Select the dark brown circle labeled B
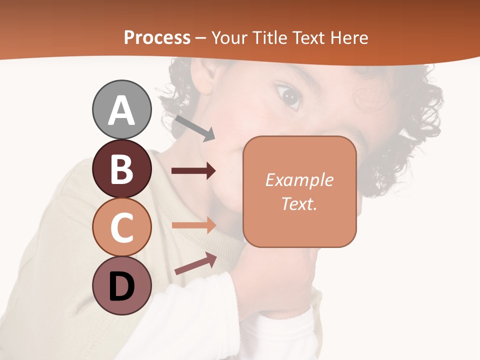tap(121, 168)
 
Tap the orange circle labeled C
tap(121, 227)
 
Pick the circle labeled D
tap(121, 285)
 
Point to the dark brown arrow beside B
tap(193, 171)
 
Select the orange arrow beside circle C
tap(193, 225)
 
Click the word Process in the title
tap(157, 37)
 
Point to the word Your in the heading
tap(229, 37)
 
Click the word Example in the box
tap(299, 180)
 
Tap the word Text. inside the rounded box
tap(299, 203)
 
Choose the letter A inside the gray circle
tap(121, 110)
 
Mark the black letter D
tap(121, 287)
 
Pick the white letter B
tap(121, 169)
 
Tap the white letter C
tap(121, 228)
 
